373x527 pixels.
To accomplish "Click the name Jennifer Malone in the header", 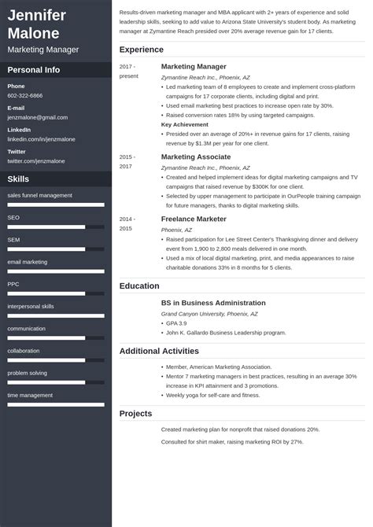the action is [x=36, y=24].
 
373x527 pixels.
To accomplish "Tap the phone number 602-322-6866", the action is [x=25, y=95].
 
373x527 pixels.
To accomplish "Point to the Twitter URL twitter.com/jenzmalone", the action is [x=35, y=160].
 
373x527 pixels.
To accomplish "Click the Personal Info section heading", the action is [x=34, y=69].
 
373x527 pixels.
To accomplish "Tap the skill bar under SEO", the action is [x=56, y=227].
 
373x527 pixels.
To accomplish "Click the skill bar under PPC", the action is [x=56, y=293].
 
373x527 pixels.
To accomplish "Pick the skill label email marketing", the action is [x=28, y=261].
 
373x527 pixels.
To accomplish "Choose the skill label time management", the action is [x=30, y=395].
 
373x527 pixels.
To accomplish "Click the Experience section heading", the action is [x=141, y=50].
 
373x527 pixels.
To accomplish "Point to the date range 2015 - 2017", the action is [x=127, y=161].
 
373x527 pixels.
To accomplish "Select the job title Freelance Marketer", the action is [x=194, y=219].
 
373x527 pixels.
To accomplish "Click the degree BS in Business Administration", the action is [x=213, y=302].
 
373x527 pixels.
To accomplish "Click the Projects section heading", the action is [x=135, y=414].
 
